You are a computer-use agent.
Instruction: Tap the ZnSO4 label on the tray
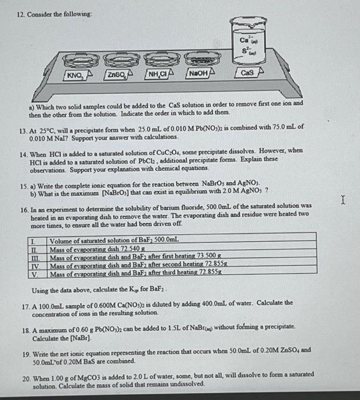pos(117,75)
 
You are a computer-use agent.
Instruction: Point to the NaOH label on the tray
pos(198,74)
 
